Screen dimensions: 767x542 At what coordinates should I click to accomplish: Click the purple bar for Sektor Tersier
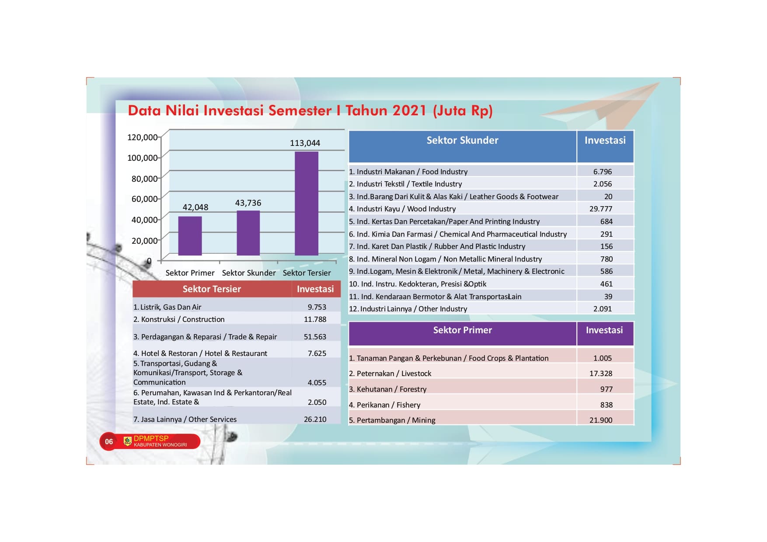[307, 204]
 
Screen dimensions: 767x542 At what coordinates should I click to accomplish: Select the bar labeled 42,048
[190, 236]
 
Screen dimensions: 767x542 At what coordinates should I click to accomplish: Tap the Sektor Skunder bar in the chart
[248, 233]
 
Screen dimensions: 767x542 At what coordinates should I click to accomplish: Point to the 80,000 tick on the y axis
[145, 179]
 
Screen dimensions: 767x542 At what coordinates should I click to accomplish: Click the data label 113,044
[305, 143]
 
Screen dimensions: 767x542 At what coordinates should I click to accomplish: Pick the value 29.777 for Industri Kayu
[601, 209]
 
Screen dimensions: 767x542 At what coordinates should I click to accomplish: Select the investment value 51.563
[315, 337]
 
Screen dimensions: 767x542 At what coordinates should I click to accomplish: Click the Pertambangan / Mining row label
[392, 420]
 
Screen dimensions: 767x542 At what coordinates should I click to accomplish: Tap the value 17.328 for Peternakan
[601, 373]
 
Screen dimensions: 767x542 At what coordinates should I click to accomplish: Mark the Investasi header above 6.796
[605, 147]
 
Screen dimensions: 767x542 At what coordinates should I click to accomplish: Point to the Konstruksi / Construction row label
[179, 319]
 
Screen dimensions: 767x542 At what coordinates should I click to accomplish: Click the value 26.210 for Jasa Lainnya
[315, 419]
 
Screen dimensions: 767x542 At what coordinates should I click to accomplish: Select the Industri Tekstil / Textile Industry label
[405, 184]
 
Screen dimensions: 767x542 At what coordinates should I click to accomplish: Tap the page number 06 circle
[109, 442]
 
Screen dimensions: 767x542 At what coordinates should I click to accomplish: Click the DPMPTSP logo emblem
[128, 441]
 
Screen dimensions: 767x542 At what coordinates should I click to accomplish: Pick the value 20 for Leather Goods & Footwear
[608, 197]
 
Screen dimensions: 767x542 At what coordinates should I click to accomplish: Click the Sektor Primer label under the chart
[190, 273]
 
